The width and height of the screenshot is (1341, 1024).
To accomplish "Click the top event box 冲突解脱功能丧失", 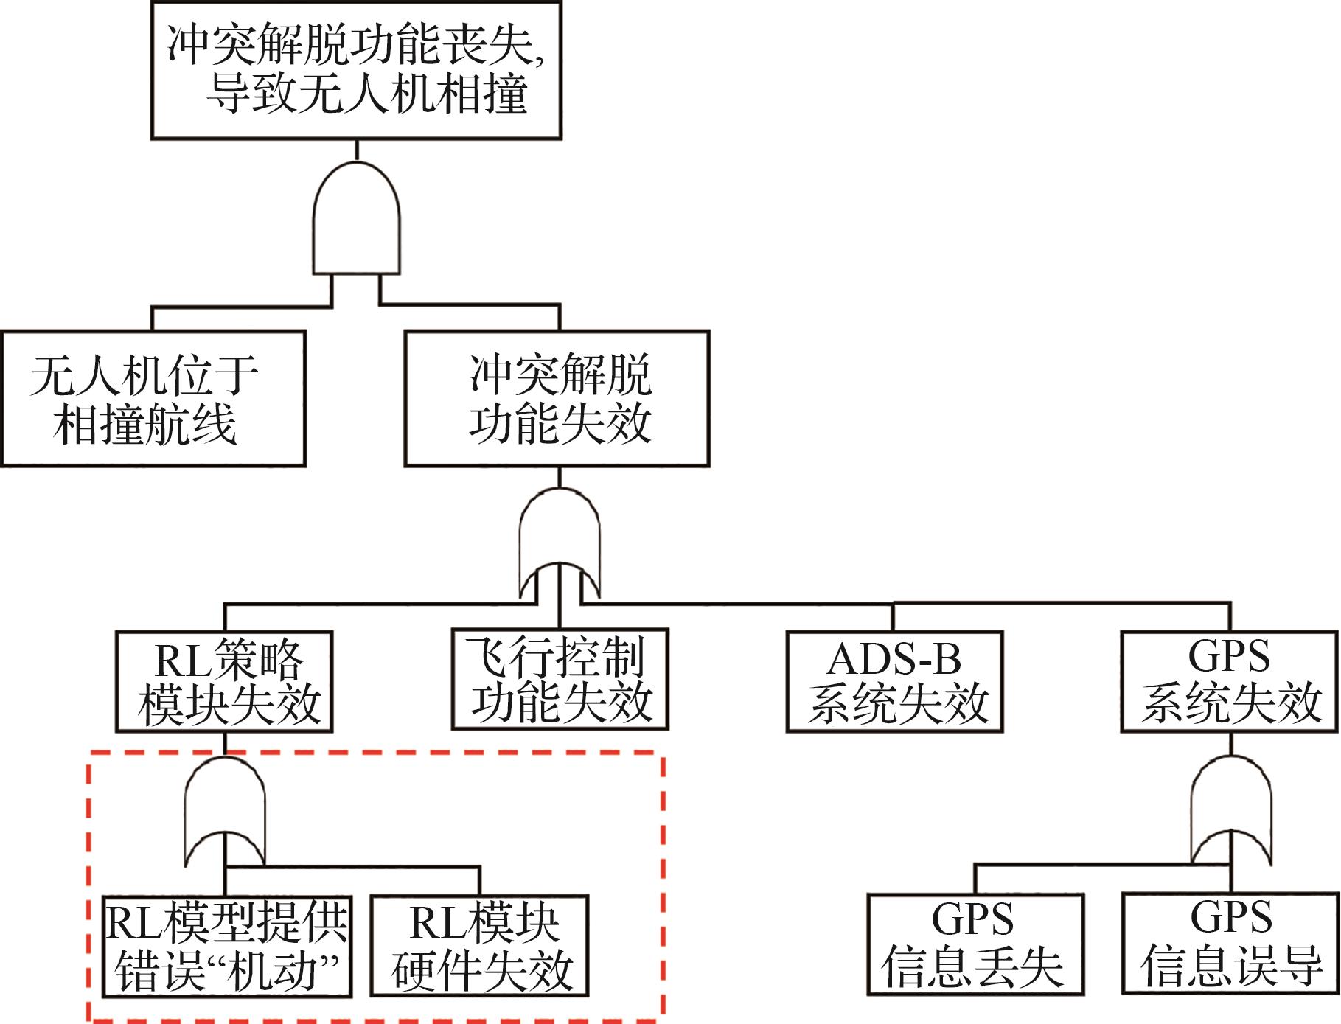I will click(356, 70).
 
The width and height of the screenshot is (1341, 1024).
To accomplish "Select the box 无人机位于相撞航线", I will click(153, 398).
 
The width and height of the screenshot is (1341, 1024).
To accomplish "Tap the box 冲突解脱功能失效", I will click(557, 398).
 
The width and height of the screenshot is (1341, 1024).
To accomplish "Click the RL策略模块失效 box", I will click(224, 681).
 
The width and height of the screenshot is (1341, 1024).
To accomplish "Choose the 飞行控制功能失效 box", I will click(560, 679).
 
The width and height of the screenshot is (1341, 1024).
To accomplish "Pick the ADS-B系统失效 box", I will click(894, 681).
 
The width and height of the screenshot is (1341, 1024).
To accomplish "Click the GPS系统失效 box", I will click(1229, 681).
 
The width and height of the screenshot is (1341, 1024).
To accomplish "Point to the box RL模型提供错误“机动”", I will click(226, 947).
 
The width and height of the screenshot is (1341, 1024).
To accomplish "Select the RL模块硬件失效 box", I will click(479, 947).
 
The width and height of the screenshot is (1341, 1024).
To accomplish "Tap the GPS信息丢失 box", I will click(975, 944).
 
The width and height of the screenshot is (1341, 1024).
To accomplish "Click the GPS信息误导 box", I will click(1230, 944).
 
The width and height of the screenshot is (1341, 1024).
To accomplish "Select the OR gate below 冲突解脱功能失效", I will click(560, 542).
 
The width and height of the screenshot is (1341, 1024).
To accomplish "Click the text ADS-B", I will click(894, 659).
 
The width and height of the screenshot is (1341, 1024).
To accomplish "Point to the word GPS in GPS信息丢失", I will click(972, 920).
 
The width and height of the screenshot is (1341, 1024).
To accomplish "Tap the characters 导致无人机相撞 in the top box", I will click(366, 94).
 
